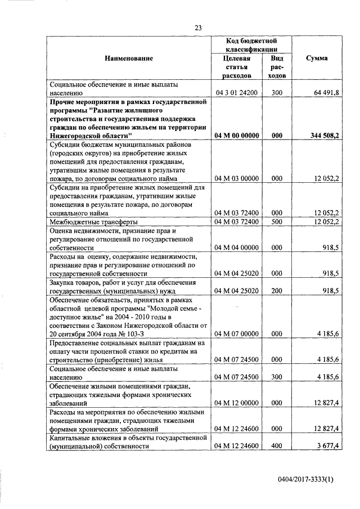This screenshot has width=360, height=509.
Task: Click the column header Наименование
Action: pos(128,58)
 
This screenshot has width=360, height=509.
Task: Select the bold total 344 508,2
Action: pos(321,136)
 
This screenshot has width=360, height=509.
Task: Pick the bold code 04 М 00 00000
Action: pos(236,136)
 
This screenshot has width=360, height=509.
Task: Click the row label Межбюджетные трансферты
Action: pos(85,222)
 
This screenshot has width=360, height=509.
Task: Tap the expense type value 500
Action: pos(276,222)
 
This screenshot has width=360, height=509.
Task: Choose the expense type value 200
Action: pos(276,291)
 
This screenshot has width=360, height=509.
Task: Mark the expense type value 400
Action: pos(276,446)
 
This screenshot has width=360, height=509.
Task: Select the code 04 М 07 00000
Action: pos(236,334)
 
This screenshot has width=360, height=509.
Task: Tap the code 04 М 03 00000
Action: pos(236,179)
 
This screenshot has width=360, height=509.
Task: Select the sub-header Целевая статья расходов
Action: pos(236,66)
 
